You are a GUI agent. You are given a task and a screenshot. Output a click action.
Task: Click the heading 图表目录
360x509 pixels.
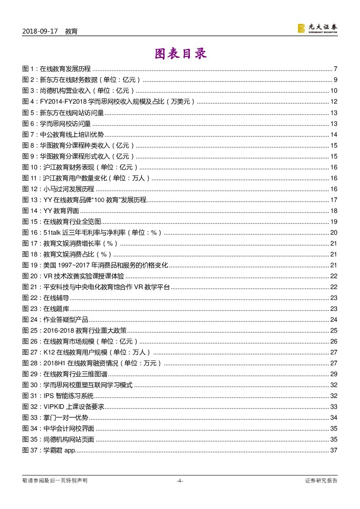(x=180, y=54)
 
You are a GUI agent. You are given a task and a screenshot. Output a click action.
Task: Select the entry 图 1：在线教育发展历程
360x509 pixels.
(x=56, y=69)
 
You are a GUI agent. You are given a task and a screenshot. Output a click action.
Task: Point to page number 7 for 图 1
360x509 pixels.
(x=336, y=69)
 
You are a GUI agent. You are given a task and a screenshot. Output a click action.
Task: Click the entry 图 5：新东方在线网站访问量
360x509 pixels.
(x=63, y=113)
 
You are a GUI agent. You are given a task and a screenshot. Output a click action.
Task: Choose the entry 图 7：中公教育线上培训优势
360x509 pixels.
(x=63, y=135)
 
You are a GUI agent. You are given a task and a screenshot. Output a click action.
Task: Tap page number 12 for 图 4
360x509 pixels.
(x=334, y=102)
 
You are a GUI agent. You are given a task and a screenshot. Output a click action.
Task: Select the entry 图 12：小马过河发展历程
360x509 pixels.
(x=58, y=189)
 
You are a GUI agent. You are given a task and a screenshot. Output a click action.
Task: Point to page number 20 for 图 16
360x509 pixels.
(x=334, y=233)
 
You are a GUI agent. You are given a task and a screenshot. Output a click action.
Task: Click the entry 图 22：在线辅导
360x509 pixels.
(x=46, y=298)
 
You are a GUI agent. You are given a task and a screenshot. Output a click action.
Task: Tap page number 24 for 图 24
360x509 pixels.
(x=334, y=320)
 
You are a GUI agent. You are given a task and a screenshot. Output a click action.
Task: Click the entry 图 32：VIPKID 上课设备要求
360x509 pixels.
(x=63, y=407)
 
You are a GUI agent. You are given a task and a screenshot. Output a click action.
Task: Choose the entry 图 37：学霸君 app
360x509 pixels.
(x=49, y=450)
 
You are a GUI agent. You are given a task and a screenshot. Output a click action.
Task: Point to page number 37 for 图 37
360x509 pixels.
(x=334, y=450)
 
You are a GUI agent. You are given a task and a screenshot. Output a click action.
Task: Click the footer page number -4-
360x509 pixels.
(x=180, y=481)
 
